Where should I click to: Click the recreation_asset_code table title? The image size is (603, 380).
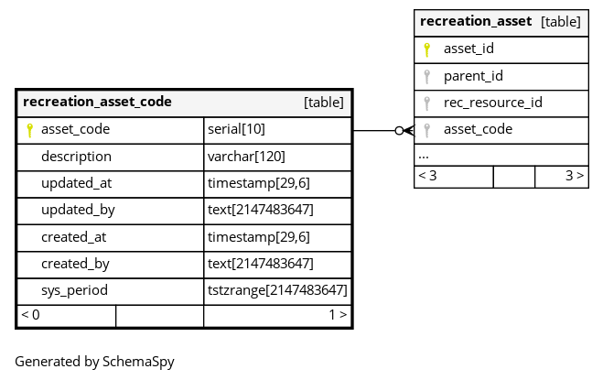point(97,102)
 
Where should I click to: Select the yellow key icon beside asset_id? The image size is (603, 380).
point(426,49)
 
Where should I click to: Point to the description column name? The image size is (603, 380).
point(76,157)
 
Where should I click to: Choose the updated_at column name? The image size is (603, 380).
point(76,183)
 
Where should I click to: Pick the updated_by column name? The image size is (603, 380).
point(78,211)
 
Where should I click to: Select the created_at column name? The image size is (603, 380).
point(73,237)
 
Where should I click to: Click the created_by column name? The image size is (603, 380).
point(75,264)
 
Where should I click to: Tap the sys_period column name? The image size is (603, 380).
point(74,290)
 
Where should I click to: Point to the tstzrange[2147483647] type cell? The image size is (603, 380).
point(277,290)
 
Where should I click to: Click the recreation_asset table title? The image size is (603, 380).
point(476,22)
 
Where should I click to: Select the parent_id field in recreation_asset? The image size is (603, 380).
point(473,76)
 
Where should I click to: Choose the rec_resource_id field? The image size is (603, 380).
point(493,103)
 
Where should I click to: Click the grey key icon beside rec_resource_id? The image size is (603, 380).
point(426,103)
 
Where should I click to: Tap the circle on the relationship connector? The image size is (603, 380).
point(399,131)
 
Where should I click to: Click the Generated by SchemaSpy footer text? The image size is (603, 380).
point(94,362)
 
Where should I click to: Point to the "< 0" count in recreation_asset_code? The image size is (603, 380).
point(30,315)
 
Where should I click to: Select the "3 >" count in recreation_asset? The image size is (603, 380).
point(575,176)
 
